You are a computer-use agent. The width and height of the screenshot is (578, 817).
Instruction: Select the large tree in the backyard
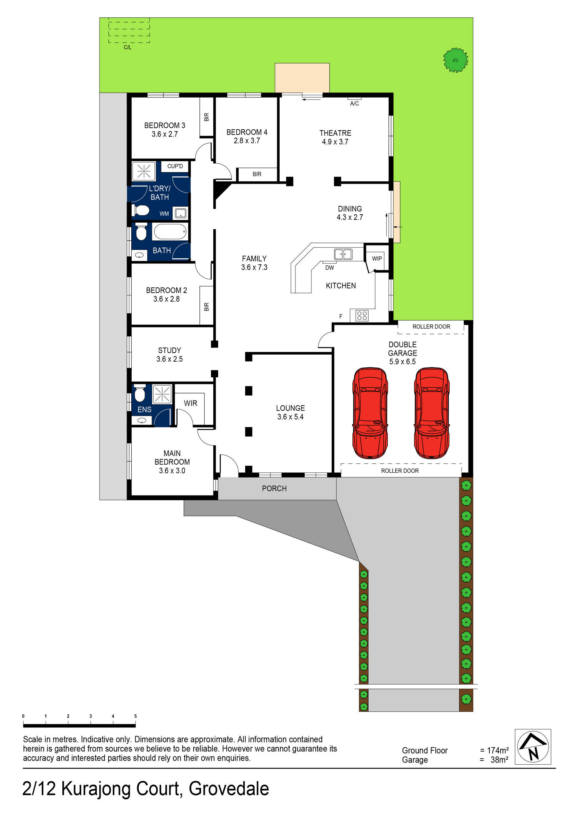click(x=455, y=60)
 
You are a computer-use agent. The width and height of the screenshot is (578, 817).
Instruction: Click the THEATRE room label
click(x=335, y=133)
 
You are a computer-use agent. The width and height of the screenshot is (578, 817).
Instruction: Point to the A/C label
click(x=355, y=104)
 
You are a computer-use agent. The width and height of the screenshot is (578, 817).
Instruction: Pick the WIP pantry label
click(x=377, y=259)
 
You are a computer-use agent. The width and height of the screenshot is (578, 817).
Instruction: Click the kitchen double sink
click(x=343, y=254)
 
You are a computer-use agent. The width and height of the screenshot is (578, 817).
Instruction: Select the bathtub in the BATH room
click(x=170, y=232)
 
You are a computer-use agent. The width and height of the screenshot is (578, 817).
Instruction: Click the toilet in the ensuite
click(x=140, y=393)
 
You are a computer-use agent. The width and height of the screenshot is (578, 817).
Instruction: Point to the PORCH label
click(x=274, y=488)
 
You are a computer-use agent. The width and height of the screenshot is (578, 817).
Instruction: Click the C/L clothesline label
click(x=127, y=47)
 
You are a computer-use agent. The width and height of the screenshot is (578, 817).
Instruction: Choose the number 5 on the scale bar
click(x=135, y=716)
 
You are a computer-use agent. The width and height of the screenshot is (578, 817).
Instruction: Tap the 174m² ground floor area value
click(x=497, y=750)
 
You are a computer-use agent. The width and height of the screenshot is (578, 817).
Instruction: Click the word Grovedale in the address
click(x=229, y=788)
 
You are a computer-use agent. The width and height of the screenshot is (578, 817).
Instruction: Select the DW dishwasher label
click(x=329, y=268)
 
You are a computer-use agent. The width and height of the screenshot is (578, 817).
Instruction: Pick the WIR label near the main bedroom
click(x=190, y=403)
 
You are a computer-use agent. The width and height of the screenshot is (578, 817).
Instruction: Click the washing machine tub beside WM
click(x=180, y=213)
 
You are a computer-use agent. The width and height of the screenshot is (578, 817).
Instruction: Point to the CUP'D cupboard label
click(x=175, y=166)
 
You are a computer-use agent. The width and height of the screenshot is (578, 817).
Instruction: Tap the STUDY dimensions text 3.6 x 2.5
click(x=170, y=359)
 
